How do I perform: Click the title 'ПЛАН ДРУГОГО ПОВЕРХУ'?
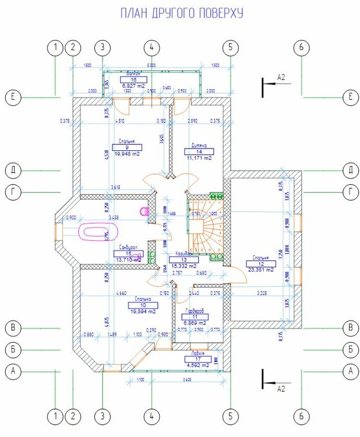click(181, 13)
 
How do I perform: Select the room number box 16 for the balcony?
click(133, 79)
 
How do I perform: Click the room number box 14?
click(199, 151)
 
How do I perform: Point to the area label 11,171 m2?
click(199, 158)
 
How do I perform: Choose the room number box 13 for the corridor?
click(183, 260)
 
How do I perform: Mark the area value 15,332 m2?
click(183, 266)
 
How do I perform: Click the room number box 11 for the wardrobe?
click(194, 316)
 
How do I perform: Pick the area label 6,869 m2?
click(194, 322)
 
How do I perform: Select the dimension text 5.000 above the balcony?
click(151, 65)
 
